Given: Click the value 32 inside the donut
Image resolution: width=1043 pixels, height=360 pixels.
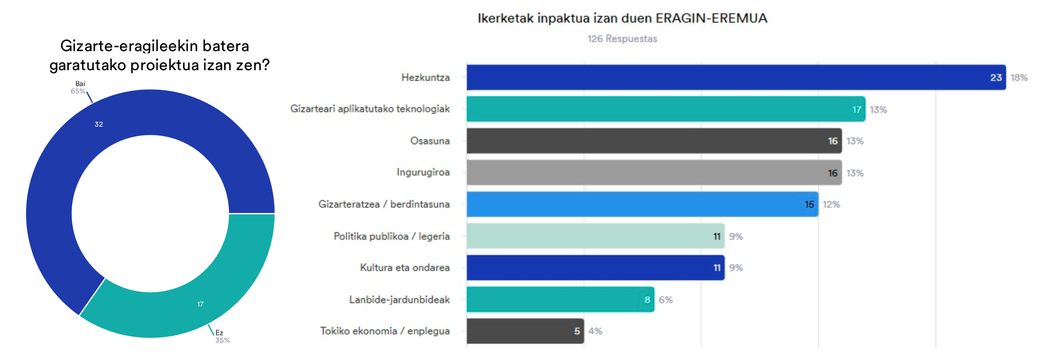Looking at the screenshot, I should (99, 124).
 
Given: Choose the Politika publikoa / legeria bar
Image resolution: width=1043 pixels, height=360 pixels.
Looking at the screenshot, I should (587, 236).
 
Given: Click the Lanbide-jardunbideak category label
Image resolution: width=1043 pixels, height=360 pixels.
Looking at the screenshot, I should (399, 300).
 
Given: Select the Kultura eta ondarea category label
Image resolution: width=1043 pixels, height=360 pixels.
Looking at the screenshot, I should (405, 268).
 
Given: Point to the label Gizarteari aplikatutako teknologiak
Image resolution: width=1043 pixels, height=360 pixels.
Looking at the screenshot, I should (370, 109).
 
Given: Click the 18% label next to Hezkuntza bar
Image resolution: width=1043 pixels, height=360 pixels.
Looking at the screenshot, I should (1019, 78).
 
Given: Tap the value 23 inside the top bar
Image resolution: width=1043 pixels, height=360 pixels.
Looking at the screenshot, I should (996, 78).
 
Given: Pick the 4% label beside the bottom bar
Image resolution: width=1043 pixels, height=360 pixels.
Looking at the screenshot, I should (595, 331).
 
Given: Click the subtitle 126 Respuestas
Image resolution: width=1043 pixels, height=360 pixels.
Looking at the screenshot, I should (622, 39).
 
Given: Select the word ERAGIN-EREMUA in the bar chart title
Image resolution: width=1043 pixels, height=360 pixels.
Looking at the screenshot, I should (711, 18).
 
